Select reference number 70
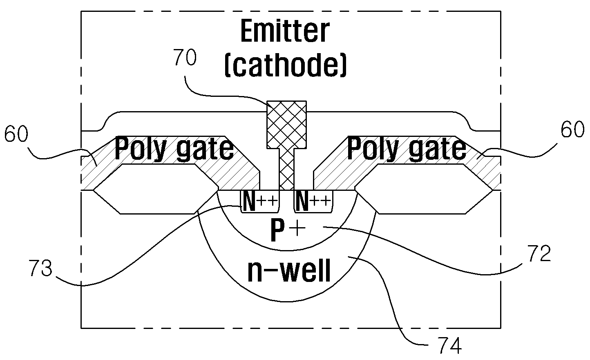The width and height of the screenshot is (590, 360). pyautogui.click(x=185, y=57)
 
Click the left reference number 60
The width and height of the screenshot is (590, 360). pyautogui.click(x=16, y=134)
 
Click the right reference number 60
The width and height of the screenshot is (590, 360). pyautogui.click(x=572, y=130)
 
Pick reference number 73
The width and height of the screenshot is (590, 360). pyautogui.click(x=40, y=268)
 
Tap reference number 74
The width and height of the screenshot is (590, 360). pyautogui.click(x=450, y=345)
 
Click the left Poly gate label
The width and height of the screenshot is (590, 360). pyautogui.click(x=174, y=149)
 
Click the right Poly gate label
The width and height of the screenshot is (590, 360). pyautogui.click(x=407, y=149)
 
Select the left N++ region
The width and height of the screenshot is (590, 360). pyautogui.click(x=260, y=201)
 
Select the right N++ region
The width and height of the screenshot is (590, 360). pyautogui.click(x=313, y=201)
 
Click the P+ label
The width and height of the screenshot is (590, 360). pyautogui.click(x=288, y=230)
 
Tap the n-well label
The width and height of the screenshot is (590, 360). pyautogui.click(x=289, y=271)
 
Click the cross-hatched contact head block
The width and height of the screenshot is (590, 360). pyautogui.click(x=286, y=125)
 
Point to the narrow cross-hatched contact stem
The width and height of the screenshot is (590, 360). pyautogui.click(x=286, y=169)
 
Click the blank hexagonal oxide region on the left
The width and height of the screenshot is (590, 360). pyautogui.click(x=156, y=189)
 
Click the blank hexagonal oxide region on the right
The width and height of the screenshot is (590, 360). pyautogui.click(x=424, y=189)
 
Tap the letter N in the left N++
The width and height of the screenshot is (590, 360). pyautogui.click(x=249, y=201)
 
